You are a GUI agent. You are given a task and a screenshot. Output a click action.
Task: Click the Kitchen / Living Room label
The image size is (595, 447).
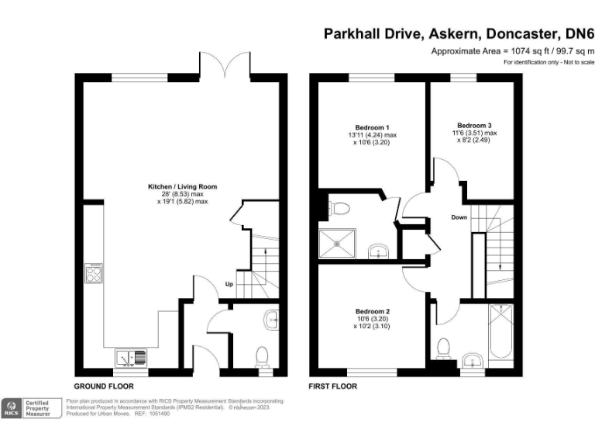tap(183, 187)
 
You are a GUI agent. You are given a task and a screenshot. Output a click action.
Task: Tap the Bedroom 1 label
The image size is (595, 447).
tap(372, 127)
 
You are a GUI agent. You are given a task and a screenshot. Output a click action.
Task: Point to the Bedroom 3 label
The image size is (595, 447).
tap(474, 125)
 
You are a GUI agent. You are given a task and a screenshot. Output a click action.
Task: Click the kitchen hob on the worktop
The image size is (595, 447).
tap(93, 273)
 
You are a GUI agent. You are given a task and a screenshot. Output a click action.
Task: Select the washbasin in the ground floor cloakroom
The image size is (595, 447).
tap(270, 318)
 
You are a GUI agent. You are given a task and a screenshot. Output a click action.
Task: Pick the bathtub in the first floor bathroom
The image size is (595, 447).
tap(500, 332)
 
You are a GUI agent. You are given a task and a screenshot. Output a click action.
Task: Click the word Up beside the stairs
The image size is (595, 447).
tap(230, 284)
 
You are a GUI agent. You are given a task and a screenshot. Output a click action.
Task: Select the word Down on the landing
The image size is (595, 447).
tap(459, 217)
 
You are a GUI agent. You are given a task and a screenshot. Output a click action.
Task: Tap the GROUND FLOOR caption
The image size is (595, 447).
tap(104, 386)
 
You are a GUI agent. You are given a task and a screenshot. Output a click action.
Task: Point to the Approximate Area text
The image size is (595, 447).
tap(512, 50)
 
